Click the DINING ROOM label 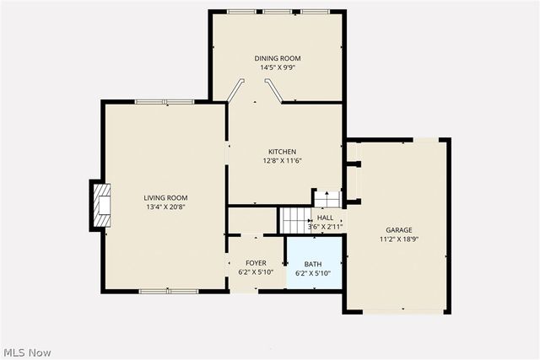(278, 58)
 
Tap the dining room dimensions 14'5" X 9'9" (278, 67)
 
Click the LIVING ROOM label (165, 197)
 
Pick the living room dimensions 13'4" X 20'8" (165, 207)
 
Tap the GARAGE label (399, 229)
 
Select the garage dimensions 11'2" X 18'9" (399, 239)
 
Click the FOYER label (256, 263)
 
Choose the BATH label (313, 264)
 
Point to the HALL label (325, 218)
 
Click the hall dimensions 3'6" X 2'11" (325, 226)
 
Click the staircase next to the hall (293, 221)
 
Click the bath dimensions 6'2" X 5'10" (313, 273)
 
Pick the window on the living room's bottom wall (168, 292)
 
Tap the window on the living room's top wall (165, 102)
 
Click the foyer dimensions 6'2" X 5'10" (256, 272)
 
